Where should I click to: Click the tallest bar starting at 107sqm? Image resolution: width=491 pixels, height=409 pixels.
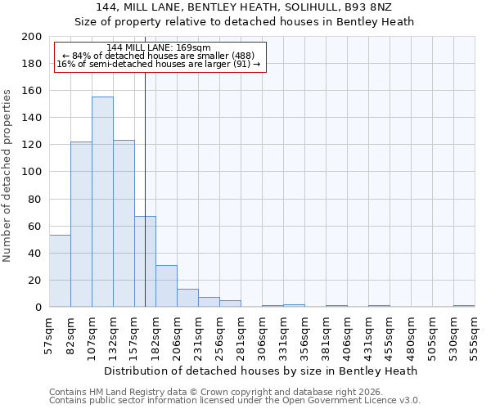[x=102, y=202]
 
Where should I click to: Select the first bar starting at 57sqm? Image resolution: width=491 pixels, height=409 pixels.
[x=60, y=271]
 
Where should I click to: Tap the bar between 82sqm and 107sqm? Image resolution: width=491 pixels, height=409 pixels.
[x=81, y=224]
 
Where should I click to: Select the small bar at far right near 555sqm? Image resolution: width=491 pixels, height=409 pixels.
[x=464, y=306]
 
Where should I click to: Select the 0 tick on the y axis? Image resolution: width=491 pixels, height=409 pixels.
[x=38, y=308]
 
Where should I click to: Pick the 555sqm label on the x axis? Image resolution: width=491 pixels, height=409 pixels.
[x=475, y=334]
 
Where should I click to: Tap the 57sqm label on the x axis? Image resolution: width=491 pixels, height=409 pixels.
[x=49, y=334]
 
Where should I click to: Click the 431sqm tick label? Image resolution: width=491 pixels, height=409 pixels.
[x=368, y=334]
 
